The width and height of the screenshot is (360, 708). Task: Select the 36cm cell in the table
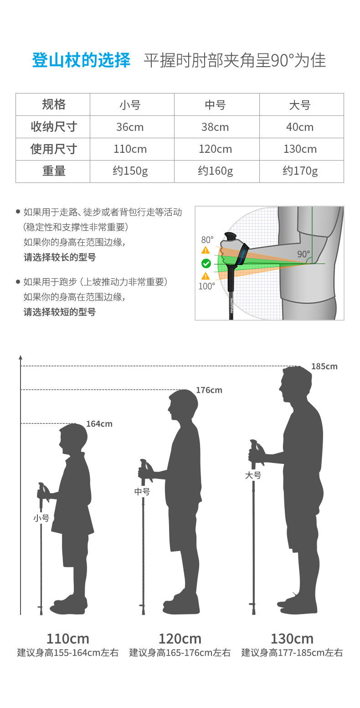(x=130, y=127)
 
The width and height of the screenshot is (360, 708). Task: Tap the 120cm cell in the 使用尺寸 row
(x=215, y=149)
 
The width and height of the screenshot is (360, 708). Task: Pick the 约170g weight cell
(x=300, y=171)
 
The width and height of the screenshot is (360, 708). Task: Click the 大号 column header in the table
(x=300, y=105)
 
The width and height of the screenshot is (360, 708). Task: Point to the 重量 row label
(x=54, y=171)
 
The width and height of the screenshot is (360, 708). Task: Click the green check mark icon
(x=206, y=263)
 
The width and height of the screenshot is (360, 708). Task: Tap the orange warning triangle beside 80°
(x=206, y=250)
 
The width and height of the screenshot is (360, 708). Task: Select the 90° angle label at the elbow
(x=303, y=254)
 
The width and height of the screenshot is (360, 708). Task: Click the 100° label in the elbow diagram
(x=206, y=286)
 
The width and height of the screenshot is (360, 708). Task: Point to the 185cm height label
(x=324, y=366)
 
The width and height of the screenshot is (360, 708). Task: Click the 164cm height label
(x=99, y=424)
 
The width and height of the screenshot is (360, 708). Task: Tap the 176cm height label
(x=209, y=390)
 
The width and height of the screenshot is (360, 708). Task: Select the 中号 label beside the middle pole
(x=142, y=492)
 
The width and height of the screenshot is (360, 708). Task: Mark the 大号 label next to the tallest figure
(x=253, y=475)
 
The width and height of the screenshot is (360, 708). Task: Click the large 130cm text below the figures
(x=292, y=638)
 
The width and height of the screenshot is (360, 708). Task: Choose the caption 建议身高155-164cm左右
(x=68, y=653)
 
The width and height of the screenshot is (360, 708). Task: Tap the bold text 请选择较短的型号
(x=60, y=312)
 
